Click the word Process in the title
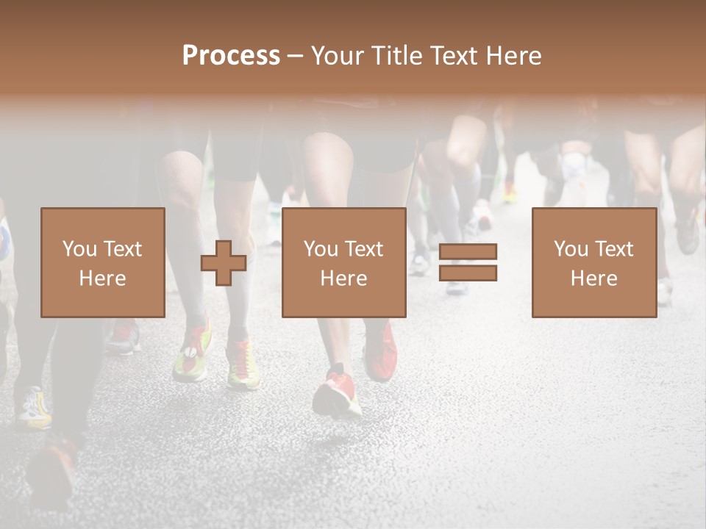tap(231, 56)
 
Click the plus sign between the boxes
tap(224, 263)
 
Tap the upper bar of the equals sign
tap(468, 252)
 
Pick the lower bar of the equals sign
tap(468, 273)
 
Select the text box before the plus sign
tap(102, 262)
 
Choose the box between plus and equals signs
tap(343, 262)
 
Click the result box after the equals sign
tap(593, 262)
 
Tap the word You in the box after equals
tap(571, 249)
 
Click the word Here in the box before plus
tap(102, 278)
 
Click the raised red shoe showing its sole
tap(336, 393)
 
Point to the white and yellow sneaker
tap(35, 407)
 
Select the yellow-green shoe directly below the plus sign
tap(242, 365)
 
